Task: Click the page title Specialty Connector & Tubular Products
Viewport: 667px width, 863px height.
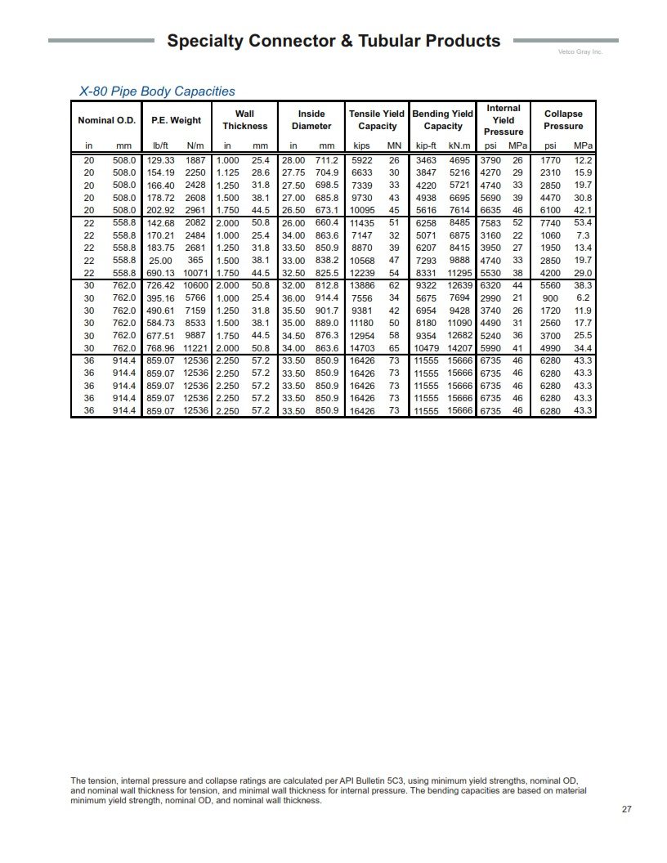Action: pyautogui.click(x=333, y=41)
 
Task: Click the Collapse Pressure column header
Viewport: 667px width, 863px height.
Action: pyautogui.click(x=563, y=120)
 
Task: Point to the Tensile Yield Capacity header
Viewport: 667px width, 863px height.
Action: pyautogui.click(x=377, y=120)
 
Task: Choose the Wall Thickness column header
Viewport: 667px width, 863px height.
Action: pyautogui.click(x=244, y=120)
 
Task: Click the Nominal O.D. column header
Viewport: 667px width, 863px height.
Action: pyautogui.click(x=107, y=120)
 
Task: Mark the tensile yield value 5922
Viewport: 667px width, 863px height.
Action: pyautogui.click(x=361, y=161)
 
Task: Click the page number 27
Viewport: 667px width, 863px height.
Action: pyautogui.click(x=626, y=809)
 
